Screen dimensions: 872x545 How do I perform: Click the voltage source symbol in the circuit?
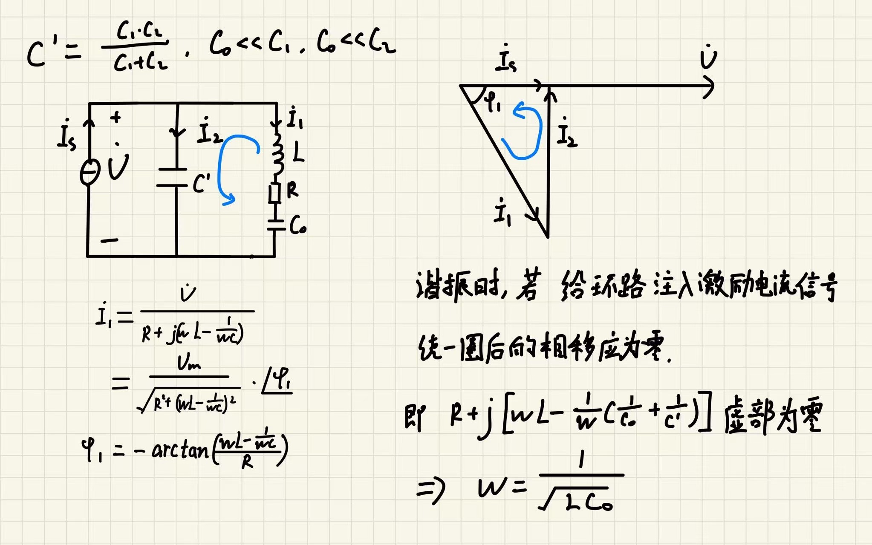(90, 172)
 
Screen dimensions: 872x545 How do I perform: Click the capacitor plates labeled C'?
(173, 177)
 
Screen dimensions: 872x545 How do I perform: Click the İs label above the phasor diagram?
(506, 60)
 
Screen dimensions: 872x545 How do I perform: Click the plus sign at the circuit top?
(115, 117)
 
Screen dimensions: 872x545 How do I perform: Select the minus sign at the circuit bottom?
(110, 241)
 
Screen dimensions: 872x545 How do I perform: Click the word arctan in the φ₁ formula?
(180, 450)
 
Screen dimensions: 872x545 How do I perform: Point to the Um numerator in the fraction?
(189, 363)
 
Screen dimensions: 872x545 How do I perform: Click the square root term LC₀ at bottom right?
(588, 503)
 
